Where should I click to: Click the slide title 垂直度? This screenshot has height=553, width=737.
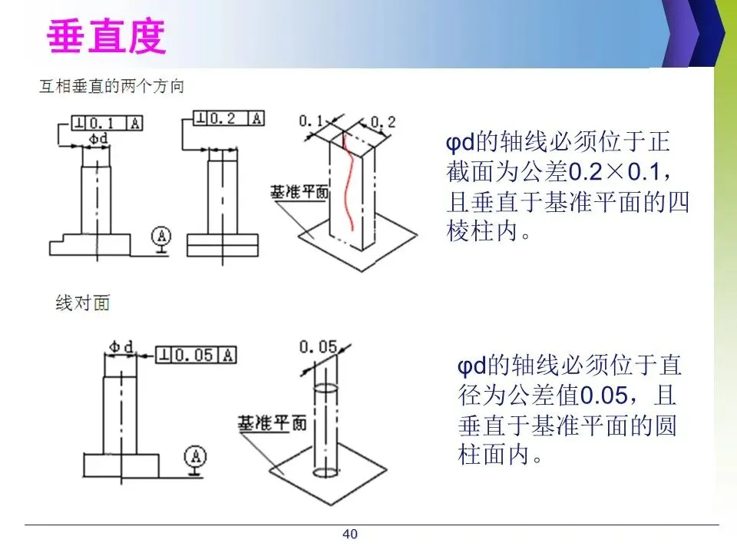(106, 37)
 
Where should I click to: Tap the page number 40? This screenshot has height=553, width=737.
(350, 534)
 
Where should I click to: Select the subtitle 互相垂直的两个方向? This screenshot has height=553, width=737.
(112, 86)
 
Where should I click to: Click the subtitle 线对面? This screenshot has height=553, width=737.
(83, 303)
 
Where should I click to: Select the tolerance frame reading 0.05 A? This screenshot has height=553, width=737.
(197, 354)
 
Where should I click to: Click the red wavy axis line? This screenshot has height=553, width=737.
(349, 180)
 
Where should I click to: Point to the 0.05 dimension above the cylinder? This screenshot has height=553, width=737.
(318, 348)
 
